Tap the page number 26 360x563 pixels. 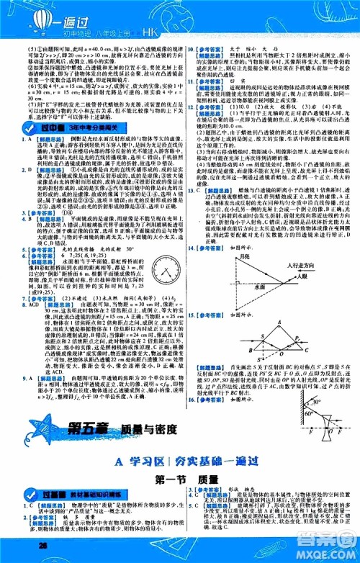coord(24,545)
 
